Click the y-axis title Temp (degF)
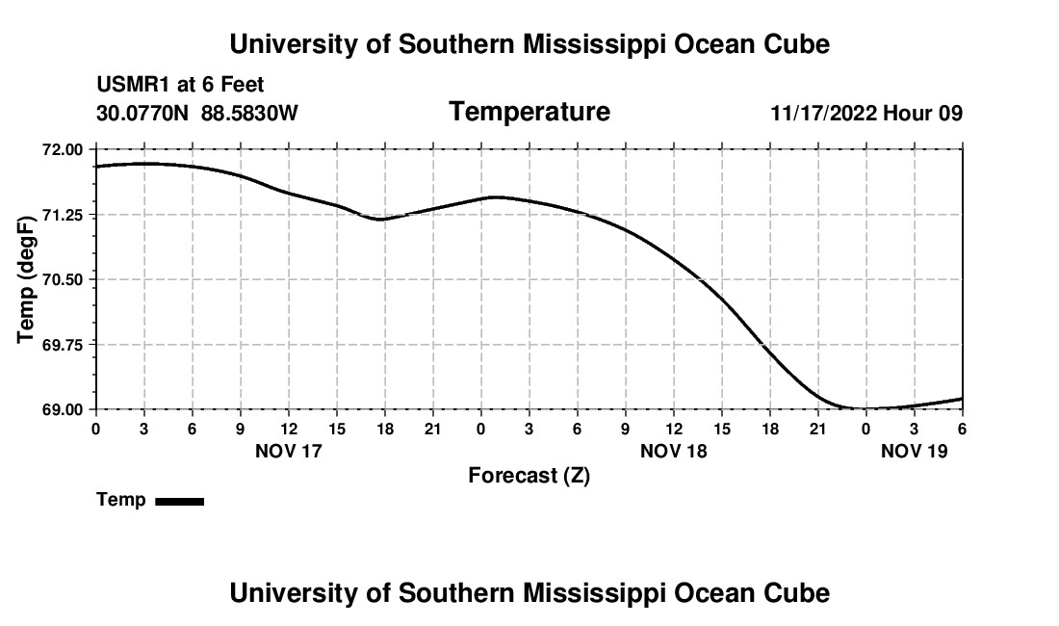(27, 279)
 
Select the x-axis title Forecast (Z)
(529, 475)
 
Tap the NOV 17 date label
(288, 450)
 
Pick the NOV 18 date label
(673, 450)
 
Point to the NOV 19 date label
(914, 450)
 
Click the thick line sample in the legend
(179, 501)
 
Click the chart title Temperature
(529, 112)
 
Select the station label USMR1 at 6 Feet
(180, 86)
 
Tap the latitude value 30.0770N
(143, 113)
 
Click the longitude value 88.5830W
(249, 113)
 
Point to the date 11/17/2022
(823, 113)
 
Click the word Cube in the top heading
(797, 44)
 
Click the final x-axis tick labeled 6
(962, 428)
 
